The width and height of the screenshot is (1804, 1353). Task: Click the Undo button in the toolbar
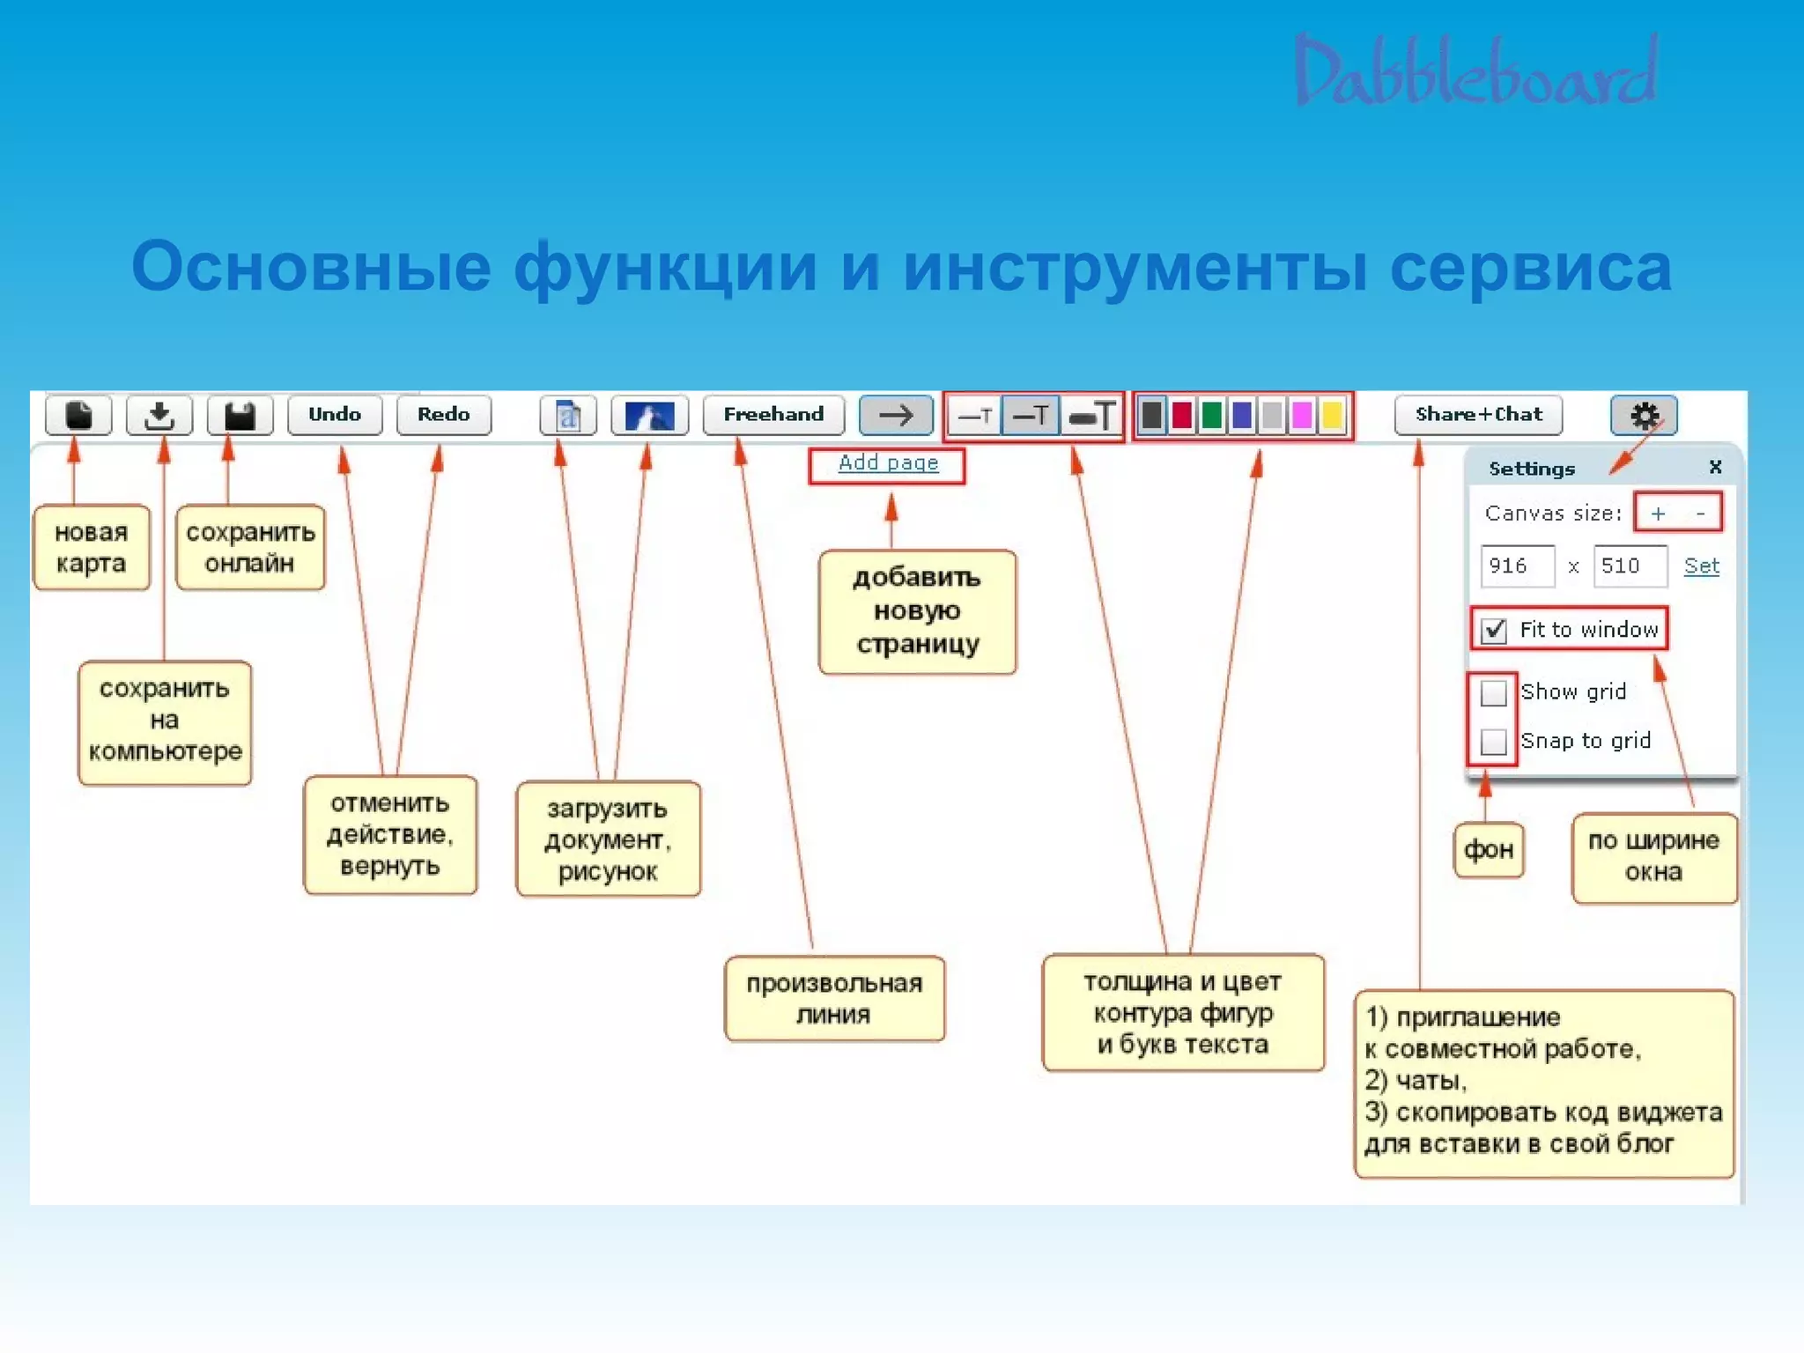[x=335, y=415]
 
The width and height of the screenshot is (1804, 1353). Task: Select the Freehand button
[x=773, y=415]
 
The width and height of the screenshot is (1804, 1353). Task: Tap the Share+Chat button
[x=1478, y=415]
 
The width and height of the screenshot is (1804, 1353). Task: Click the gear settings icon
[x=1644, y=415]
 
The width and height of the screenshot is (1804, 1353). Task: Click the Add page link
[x=888, y=463]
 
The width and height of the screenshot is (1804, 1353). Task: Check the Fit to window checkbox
[x=1494, y=631]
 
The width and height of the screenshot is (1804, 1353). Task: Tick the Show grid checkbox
[x=1494, y=693]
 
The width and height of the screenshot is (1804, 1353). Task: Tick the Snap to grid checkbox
[x=1494, y=742]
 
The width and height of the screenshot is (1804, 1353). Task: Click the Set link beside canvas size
[x=1701, y=566]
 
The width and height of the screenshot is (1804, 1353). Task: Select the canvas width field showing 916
[x=1517, y=566]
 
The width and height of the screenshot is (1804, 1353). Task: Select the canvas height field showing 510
[x=1630, y=566]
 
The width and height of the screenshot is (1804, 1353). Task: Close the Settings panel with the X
[x=1715, y=467]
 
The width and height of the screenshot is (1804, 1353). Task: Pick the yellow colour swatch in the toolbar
[x=1332, y=415]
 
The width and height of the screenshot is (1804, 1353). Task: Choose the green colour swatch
[x=1212, y=415]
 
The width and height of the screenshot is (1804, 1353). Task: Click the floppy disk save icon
[x=240, y=415]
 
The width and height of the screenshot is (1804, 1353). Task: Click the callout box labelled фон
[x=1489, y=850]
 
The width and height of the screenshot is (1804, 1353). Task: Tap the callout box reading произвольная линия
[x=834, y=999]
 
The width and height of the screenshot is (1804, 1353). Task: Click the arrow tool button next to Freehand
[x=896, y=415]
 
